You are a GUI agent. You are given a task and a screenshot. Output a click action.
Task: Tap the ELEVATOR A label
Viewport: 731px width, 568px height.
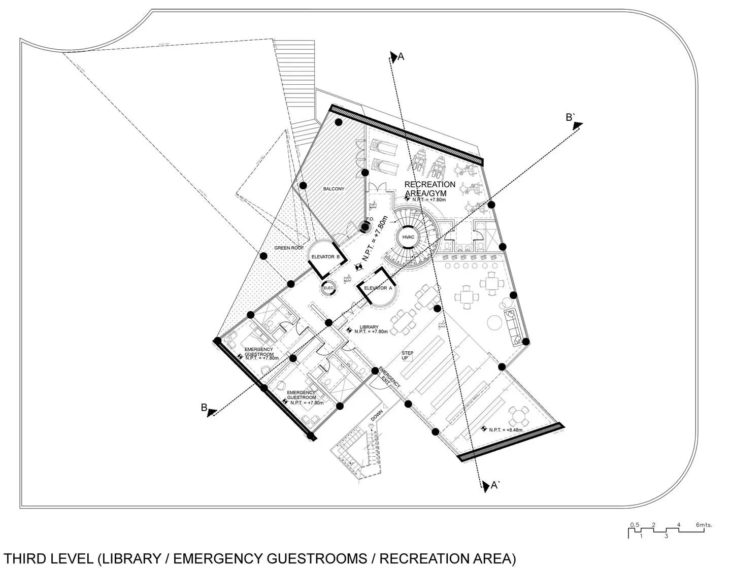pyautogui.click(x=378, y=288)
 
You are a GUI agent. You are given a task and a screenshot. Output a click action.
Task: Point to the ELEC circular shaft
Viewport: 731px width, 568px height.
pyautogui.click(x=328, y=288)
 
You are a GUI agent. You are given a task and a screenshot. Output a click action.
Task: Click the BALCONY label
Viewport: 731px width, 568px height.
pyautogui.click(x=334, y=189)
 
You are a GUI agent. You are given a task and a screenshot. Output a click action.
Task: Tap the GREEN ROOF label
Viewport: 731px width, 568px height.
pyautogui.click(x=289, y=248)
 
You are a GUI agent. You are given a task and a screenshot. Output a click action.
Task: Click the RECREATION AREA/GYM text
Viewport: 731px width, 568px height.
pyautogui.click(x=429, y=188)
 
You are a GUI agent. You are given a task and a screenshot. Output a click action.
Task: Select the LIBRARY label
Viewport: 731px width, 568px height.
pyautogui.click(x=369, y=327)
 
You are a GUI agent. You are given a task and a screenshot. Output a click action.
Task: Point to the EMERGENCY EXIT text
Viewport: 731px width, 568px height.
pyautogui.click(x=389, y=378)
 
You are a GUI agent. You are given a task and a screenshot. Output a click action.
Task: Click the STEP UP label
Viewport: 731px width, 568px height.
pyautogui.click(x=408, y=355)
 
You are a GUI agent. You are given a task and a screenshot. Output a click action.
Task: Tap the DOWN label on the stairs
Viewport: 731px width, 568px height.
pyautogui.click(x=377, y=417)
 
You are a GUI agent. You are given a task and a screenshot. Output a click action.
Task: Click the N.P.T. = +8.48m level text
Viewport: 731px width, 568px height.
pyautogui.click(x=506, y=430)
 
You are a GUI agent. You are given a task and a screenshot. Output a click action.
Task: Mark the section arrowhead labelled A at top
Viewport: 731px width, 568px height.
pyautogui.click(x=393, y=57)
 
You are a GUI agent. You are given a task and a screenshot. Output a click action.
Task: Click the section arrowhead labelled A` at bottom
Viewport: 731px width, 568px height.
pyautogui.click(x=485, y=486)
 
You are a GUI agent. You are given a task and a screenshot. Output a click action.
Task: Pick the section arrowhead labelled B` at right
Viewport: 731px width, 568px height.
pyautogui.click(x=578, y=125)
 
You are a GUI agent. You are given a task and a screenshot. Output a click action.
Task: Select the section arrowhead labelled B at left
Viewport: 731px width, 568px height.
pyautogui.click(x=213, y=412)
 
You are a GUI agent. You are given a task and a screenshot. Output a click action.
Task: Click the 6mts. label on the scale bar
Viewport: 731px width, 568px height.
pyautogui.click(x=704, y=525)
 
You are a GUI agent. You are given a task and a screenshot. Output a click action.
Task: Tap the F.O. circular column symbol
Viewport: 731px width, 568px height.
pyautogui.click(x=365, y=227)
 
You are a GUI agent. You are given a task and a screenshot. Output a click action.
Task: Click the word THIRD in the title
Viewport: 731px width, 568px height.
pyautogui.click(x=25, y=558)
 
